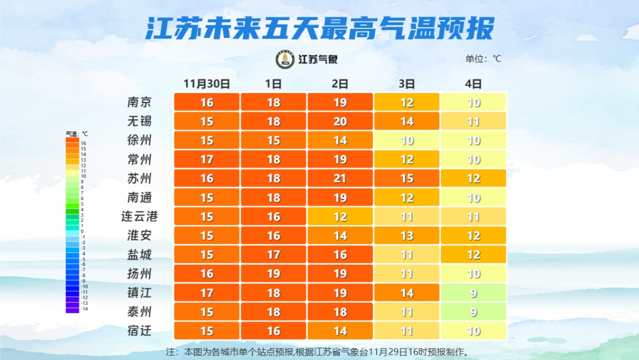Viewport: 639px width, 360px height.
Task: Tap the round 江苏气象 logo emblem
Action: coord(285,59)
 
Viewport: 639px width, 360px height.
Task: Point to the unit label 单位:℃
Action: coord(483,59)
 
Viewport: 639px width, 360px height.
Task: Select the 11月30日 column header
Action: coord(206,83)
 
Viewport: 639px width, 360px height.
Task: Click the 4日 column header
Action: coord(473,83)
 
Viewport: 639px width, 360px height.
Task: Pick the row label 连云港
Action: coord(140,216)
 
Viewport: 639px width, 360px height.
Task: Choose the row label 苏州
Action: coord(140,178)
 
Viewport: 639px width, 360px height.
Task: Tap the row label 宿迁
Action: coord(140,330)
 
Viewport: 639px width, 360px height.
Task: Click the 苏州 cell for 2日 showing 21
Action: coord(340,178)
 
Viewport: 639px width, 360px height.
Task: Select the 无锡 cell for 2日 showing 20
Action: coord(340,121)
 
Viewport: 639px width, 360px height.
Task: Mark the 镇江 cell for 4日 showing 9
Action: coord(473,292)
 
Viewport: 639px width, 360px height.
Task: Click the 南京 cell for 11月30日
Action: coord(206,102)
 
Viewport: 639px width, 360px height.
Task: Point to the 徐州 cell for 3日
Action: coord(406,140)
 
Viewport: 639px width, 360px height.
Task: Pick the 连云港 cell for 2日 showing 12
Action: coord(340,217)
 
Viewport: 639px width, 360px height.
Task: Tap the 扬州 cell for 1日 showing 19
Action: coord(273,274)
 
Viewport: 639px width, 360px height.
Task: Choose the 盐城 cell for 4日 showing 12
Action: coord(473,255)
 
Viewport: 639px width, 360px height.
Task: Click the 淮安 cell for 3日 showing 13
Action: coord(406,236)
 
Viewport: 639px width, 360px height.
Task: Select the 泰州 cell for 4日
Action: coord(473,311)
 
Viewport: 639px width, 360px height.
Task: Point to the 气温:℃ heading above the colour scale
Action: coord(76,134)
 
